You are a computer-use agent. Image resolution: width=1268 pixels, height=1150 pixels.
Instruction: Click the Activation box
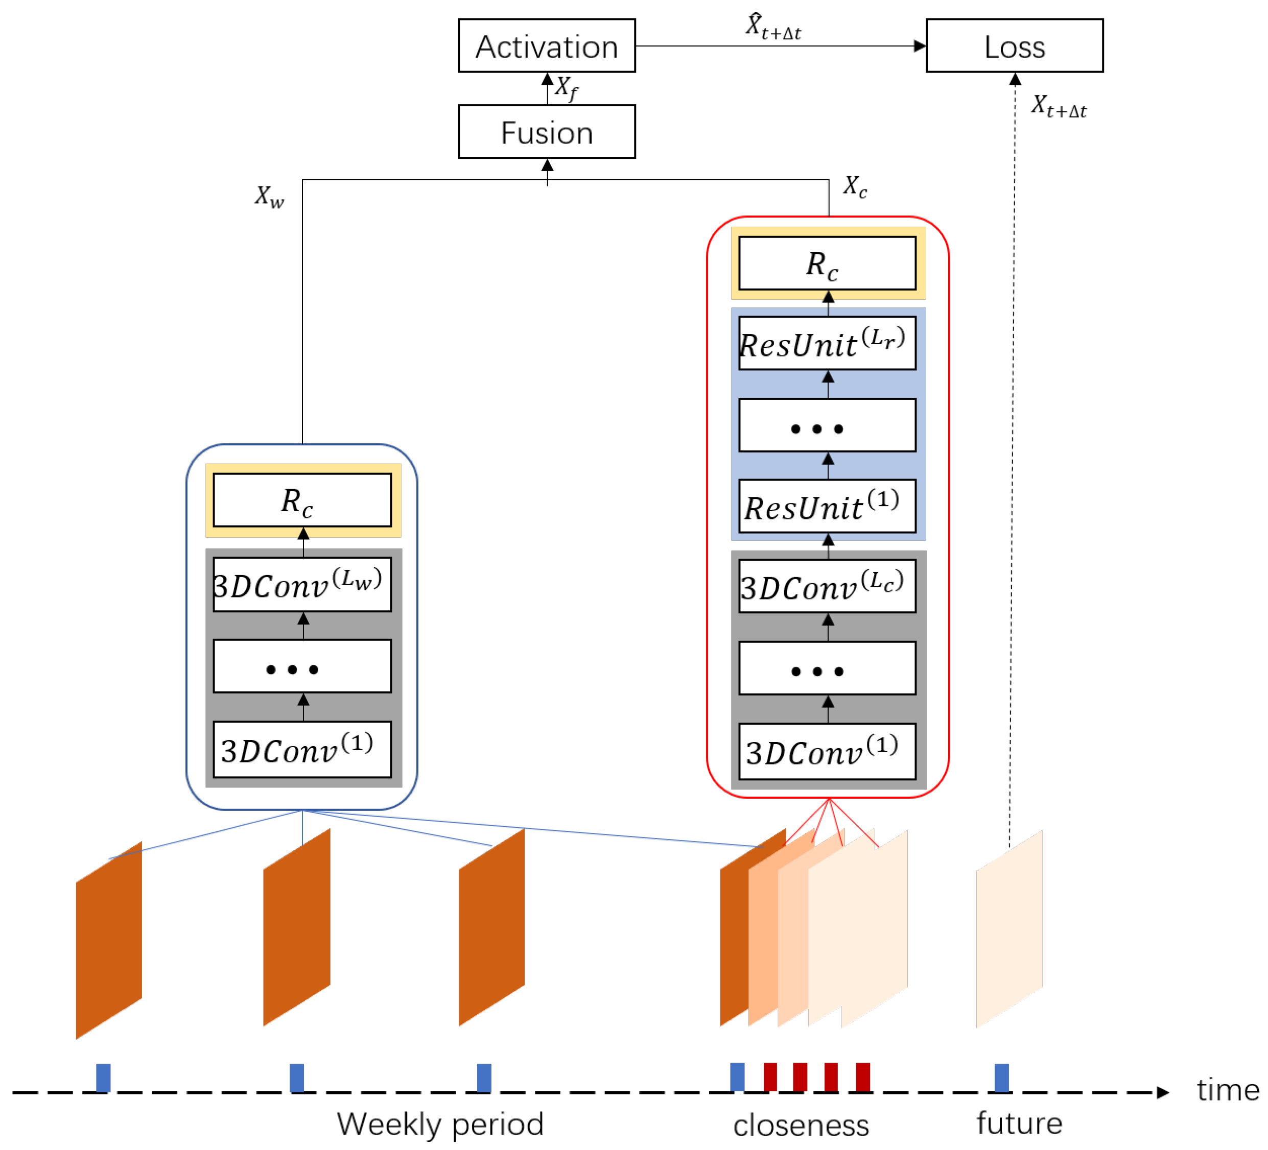pyautogui.click(x=546, y=46)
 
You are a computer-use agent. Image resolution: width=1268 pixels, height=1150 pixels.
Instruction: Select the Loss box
pyautogui.click(x=1014, y=46)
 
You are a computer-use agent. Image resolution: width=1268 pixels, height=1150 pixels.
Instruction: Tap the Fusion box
pyautogui.click(x=546, y=132)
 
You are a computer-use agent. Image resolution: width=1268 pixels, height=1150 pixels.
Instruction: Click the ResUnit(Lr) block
pyautogui.click(x=827, y=343)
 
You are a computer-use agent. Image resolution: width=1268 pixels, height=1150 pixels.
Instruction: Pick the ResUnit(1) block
pyautogui.click(x=827, y=506)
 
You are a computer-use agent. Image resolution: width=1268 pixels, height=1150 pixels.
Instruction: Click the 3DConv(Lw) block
pyautogui.click(x=302, y=584)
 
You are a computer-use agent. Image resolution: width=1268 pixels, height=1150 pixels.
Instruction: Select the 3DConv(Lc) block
pyautogui.click(x=827, y=586)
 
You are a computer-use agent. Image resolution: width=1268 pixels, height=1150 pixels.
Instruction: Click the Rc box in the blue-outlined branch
pyautogui.click(x=302, y=500)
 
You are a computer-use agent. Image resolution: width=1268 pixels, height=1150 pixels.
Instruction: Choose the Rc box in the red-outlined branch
pyautogui.click(x=827, y=263)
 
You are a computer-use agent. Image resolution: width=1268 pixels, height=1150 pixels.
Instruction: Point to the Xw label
pyautogui.click(x=269, y=196)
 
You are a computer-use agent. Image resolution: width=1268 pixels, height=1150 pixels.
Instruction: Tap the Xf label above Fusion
pyautogui.click(x=566, y=87)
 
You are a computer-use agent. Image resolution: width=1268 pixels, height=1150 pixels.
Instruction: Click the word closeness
pyautogui.click(x=800, y=1125)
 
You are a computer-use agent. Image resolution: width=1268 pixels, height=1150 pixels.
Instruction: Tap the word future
pyautogui.click(x=1018, y=1123)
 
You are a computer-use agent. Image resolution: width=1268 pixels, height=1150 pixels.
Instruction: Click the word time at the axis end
pyautogui.click(x=1227, y=1090)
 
